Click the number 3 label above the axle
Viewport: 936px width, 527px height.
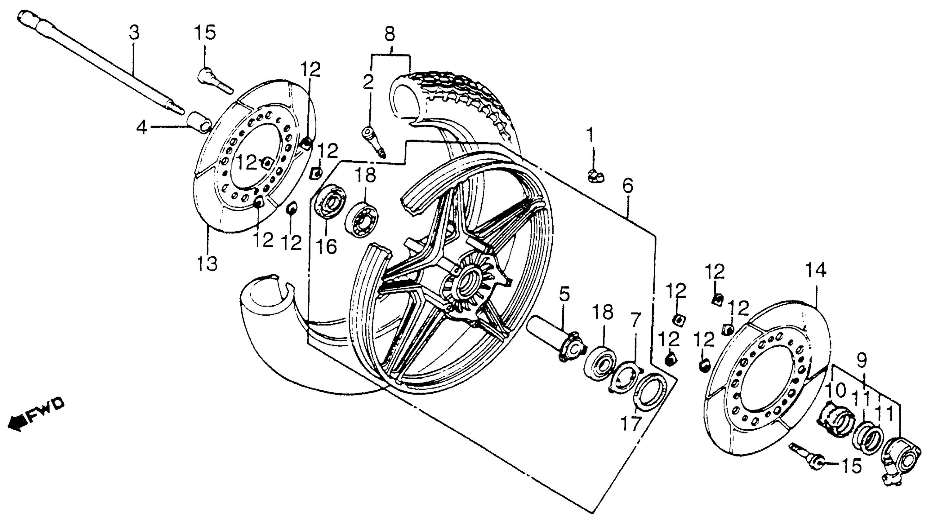pyautogui.click(x=134, y=33)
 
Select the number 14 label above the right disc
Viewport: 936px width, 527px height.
pyautogui.click(x=815, y=271)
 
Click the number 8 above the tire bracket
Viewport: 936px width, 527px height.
pyautogui.click(x=389, y=34)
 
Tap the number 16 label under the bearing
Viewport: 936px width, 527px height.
pyautogui.click(x=326, y=247)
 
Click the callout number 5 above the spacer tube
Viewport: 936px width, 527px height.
pyautogui.click(x=564, y=294)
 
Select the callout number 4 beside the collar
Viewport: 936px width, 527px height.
pyautogui.click(x=142, y=127)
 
